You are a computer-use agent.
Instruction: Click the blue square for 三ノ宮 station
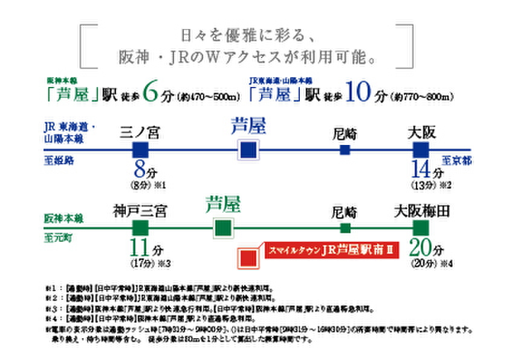pyautogui.click(x=140, y=150)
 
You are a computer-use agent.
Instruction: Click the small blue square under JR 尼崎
pyautogui.click(x=345, y=150)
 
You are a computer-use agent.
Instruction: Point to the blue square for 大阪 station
pyautogui.click(x=421, y=150)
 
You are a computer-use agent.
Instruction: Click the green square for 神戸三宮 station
pyautogui.click(x=140, y=228)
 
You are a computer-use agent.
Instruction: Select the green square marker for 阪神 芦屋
pyautogui.click(x=222, y=228)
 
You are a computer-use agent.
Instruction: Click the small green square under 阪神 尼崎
pyautogui.click(x=345, y=228)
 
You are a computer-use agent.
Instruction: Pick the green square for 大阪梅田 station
pyautogui.click(x=421, y=228)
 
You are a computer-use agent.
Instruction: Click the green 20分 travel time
pyautogui.click(x=426, y=248)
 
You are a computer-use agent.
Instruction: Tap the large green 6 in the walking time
pyautogui.click(x=152, y=94)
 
